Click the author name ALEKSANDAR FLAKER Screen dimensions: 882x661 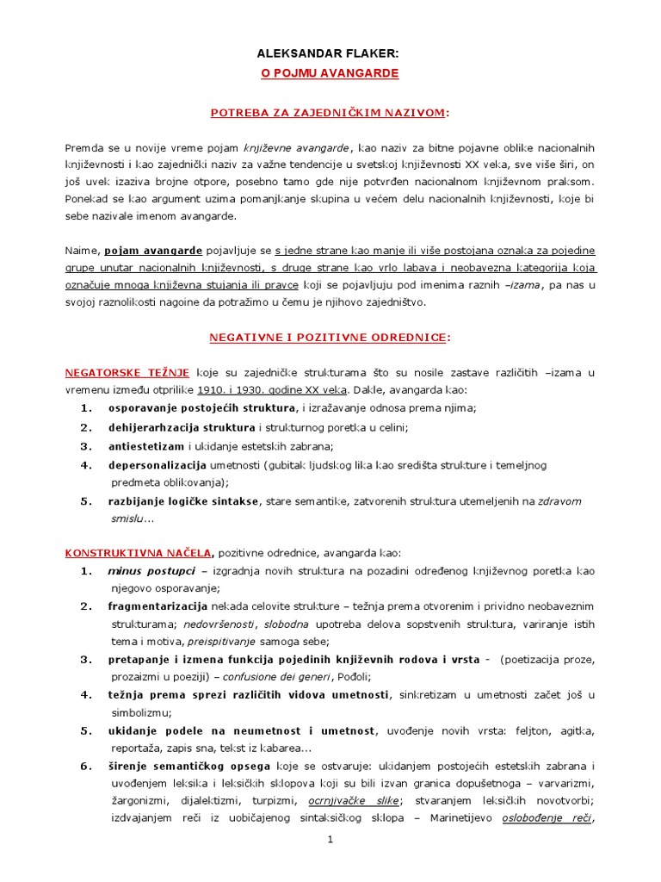pos(330,53)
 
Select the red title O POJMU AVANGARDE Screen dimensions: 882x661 pos(330,74)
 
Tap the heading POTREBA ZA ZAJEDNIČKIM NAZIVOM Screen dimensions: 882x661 pos(330,113)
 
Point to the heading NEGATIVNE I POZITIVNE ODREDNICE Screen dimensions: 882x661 pos(330,339)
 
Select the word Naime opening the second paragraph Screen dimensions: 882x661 pos(83,251)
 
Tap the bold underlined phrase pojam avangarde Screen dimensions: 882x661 pos(153,251)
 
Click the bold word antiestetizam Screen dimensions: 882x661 pos(146,446)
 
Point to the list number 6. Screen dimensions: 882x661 pos(85,766)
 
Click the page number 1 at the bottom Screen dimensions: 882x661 pos(330,841)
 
